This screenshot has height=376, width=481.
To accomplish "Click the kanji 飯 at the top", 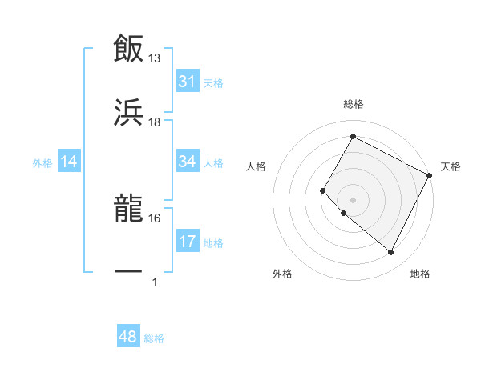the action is tap(128, 49).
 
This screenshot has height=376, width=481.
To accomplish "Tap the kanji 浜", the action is tap(128, 113).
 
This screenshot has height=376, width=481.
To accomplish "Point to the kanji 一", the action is tap(128, 273).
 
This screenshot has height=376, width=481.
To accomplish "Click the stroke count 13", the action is tap(155, 58).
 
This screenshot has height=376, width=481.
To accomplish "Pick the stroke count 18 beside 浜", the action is tap(155, 122).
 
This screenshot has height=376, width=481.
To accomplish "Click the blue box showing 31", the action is tap(188, 82).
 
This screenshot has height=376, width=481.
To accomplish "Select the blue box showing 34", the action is tap(188, 162).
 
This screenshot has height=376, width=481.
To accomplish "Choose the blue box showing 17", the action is tap(188, 242).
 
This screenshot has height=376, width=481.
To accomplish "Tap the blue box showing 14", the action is tap(69, 162).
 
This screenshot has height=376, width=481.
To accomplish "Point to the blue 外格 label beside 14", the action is tap(42, 163).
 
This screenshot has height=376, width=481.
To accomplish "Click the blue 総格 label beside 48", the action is tap(154, 338).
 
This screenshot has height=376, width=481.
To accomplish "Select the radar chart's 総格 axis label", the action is tap(353, 104).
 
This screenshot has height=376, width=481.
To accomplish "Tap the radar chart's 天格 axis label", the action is tap(451, 166).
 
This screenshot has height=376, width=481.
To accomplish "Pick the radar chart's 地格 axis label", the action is tap(420, 274).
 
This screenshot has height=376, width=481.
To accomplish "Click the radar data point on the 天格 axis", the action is tap(430, 175).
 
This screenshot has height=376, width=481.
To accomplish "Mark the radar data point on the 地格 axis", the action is tap(390, 252).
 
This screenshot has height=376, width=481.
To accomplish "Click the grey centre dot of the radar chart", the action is tap(353, 199).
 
